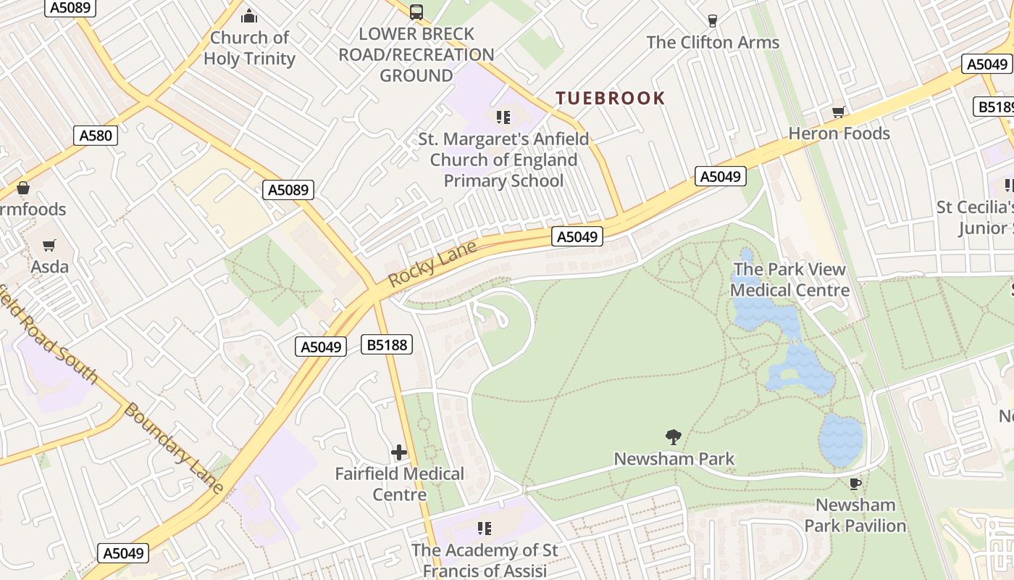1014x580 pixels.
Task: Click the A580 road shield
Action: click(x=96, y=135)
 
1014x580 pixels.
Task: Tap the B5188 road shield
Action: click(x=387, y=344)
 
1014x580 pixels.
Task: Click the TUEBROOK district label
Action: click(x=610, y=99)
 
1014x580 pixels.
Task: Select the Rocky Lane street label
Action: click(x=432, y=263)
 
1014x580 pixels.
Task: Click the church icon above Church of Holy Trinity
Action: click(x=249, y=16)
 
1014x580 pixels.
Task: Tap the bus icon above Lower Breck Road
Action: click(x=416, y=12)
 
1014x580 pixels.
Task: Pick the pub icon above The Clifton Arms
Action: click(x=712, y=21)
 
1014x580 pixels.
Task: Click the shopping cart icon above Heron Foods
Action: click(x=838, y=112)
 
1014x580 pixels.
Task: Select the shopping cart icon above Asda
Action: click(x=49, y=246)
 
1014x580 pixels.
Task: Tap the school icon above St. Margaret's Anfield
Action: click(x=503, y=117)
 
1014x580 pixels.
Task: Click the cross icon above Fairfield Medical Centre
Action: click(x=399, y=452)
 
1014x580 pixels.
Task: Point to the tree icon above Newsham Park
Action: click(x=674, y=436)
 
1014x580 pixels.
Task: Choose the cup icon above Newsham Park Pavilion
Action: click(x=855, y=484)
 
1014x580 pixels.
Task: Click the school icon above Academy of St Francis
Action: click(x=485, y=529)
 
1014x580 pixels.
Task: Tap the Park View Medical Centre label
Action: click(x=789, y=280)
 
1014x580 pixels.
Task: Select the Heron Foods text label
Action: click(x=839, y=133)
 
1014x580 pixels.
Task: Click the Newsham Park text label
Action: click(x=674, y=459)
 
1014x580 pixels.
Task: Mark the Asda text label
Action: click(x=50, y=267)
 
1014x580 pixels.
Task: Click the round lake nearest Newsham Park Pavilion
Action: click(x=842, y=439)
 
